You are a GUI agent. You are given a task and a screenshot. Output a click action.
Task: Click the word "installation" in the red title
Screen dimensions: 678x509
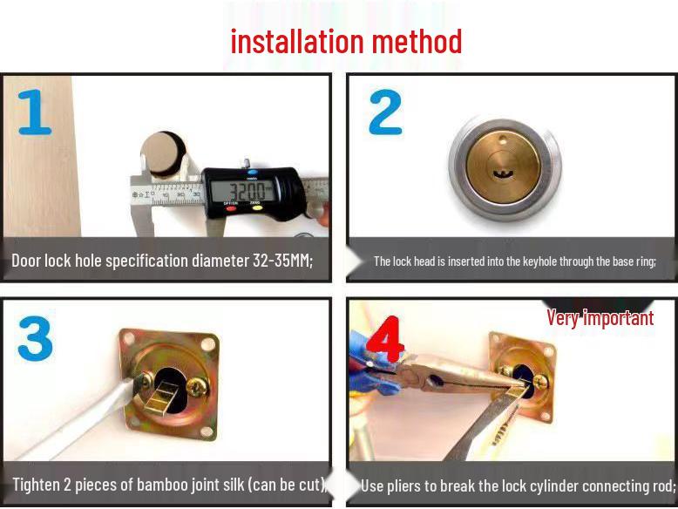tap(297, 42)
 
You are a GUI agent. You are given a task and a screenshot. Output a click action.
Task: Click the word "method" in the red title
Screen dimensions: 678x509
tap(417, 42)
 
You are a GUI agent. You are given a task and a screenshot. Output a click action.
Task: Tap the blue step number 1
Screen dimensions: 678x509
tap(35, 112)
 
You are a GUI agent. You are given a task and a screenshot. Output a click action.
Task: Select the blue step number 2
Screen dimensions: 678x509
tap(386, 112)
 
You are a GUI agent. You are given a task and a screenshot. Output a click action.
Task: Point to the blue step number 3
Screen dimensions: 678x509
tap(35, 339)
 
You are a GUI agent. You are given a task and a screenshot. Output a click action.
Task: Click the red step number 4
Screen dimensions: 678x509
tap(385, 339)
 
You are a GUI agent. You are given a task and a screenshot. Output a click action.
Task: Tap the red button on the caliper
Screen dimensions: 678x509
tap(231, 208)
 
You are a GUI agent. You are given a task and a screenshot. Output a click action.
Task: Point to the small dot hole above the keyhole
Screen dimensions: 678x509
tap(502, 139)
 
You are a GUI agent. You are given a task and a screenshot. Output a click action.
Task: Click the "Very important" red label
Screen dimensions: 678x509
tap(600, 318)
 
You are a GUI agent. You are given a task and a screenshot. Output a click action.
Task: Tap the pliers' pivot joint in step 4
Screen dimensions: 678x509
tap(436, 381)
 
